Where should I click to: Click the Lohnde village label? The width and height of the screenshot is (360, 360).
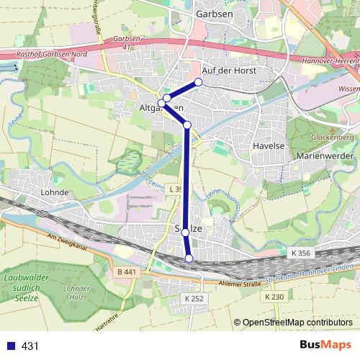pyautogui.click(x=56, y=193)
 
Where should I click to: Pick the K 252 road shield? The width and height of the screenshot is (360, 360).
pyautogui.click(x=195, y=298)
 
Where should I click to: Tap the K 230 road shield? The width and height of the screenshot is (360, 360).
pyautogui.click(x=275, y=297)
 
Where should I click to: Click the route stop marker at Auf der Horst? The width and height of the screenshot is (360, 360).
pyautogui.click(x=198, y=81)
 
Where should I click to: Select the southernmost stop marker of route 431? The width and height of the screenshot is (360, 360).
pyautogui.click(x=189, y=258)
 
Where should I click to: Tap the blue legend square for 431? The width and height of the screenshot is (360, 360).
pyautogui.click(x=12, y=346)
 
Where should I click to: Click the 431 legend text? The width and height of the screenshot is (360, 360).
pyautogui.click(x=30, y=346)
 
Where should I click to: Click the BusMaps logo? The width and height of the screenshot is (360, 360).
pyautogui.click(x=325, y=346)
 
